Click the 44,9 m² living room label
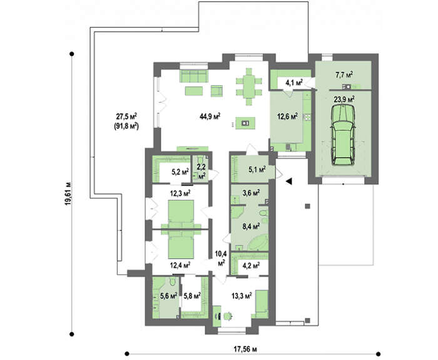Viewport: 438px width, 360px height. pyautogui.click(x=210, y=116)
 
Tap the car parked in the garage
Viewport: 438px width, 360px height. pyautogui.click(x=343, y=135)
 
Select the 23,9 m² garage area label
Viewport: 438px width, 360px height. pyautogui.click(x=344, y=99)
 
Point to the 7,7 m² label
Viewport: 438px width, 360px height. pyautogui.click(x=344, y=75)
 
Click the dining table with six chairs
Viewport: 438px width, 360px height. pyautogui.click(x=249, y=86)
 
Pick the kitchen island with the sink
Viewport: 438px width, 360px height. pyautogui.click(x=245, y=123)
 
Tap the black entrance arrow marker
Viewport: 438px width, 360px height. pyautogui.click(x=289, y=181)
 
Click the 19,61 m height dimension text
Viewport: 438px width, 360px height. pyautogui.click(x=68, y=194)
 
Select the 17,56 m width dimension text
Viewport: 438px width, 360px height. pyautogui.click(x=245, y=349)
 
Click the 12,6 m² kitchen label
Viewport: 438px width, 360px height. pyautogui.click(x=287, y=116)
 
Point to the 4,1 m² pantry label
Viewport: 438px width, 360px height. pyautogui.click(x=294, y=83)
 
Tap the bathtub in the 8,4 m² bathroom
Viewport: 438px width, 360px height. pyautogui.click(x=258, y=242)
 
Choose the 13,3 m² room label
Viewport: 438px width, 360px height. pyautogui.click(x=242, y=295)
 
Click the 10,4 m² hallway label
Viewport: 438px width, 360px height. pyautogui.click(x=221, y=259)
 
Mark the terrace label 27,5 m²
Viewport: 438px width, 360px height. pyautogui.click(x=126, y=116)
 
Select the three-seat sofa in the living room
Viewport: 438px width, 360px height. pyautogui.click(x=193, y=76)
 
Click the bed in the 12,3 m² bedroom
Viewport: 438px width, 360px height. pyautogui.click(x=181, y=214)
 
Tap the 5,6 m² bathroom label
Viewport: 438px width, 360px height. pyautogui.click(x=169, y=295)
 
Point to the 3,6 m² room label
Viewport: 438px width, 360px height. pyautogui.click(x=250, y=192)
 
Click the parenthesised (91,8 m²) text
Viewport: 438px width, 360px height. pyautogui.click(x=126, y=126)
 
